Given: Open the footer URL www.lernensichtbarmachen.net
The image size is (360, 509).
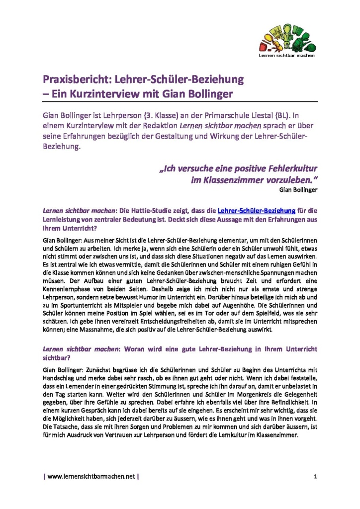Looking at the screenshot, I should (91, 477).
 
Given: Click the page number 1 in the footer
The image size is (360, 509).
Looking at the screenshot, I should (315, 477).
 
